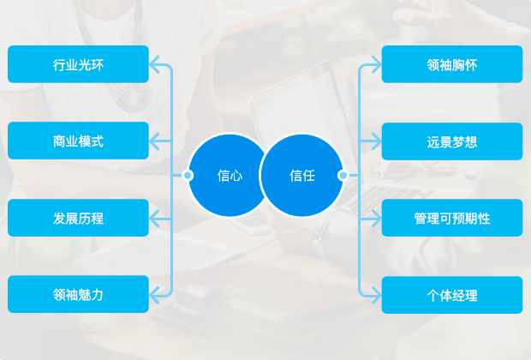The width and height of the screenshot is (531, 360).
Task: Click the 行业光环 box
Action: (78, 64)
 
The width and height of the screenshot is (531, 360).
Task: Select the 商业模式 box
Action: (78, 141)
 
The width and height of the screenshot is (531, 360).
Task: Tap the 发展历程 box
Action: (78, 218)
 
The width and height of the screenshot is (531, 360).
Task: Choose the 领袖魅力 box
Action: (78, 294)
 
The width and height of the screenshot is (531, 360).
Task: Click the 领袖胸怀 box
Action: (452, 64)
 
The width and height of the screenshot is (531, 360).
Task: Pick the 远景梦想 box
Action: (452, 141)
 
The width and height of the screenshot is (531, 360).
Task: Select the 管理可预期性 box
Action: (452, 218)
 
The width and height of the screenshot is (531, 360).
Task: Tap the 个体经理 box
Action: (452, 295)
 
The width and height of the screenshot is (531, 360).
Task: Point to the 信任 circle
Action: (302, 175)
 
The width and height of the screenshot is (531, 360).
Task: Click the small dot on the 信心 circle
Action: (188, 175)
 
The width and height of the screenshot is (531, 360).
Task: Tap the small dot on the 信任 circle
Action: (343, 175)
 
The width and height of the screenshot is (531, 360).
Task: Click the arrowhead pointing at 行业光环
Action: (154, 64)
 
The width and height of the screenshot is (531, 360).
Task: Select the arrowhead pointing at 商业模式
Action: (154, 141)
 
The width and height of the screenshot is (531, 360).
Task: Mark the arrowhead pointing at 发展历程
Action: (154, 218)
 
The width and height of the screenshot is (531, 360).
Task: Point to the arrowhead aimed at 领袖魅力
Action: (154, 295)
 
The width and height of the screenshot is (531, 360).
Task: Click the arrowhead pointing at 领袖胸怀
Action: (376, 64)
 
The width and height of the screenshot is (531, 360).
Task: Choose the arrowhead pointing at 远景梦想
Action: (376, 141)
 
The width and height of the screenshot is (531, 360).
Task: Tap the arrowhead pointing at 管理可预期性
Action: (376, 218)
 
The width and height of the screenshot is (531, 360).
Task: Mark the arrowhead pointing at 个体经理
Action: (376, 295)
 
